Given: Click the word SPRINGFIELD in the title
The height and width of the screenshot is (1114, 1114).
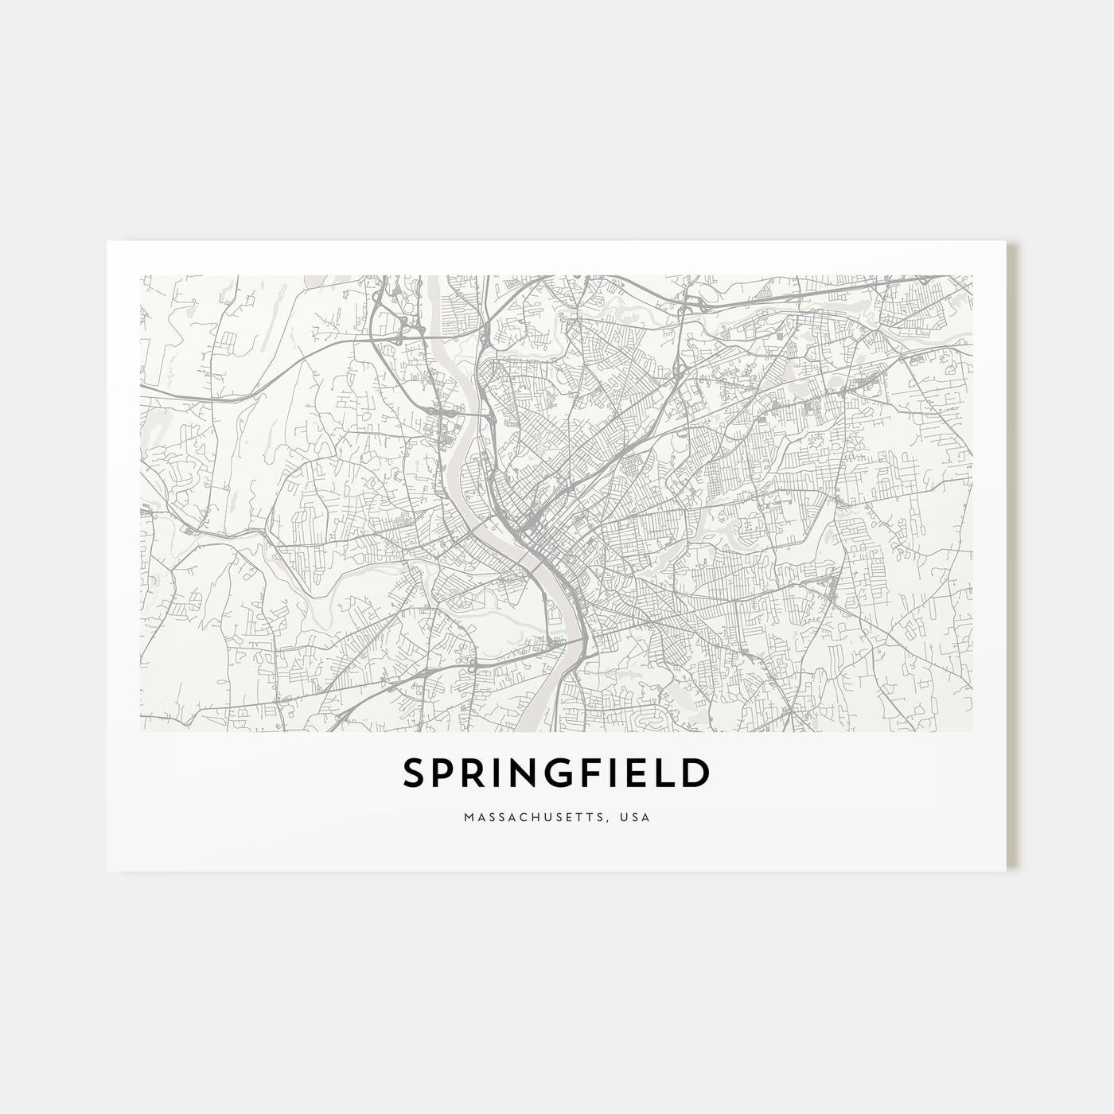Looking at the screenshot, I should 556,773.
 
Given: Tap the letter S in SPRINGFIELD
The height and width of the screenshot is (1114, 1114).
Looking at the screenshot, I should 415,773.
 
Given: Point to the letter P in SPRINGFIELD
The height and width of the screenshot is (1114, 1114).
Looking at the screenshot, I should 445,773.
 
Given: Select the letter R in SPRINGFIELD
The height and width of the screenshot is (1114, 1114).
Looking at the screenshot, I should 475,773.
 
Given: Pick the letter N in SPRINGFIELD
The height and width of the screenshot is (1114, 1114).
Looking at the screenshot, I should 525,773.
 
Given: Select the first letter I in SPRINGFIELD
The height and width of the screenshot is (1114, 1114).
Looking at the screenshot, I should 500,773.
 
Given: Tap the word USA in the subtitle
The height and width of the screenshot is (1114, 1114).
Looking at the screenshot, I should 638,817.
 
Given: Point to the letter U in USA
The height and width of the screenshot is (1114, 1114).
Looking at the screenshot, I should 629,817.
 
